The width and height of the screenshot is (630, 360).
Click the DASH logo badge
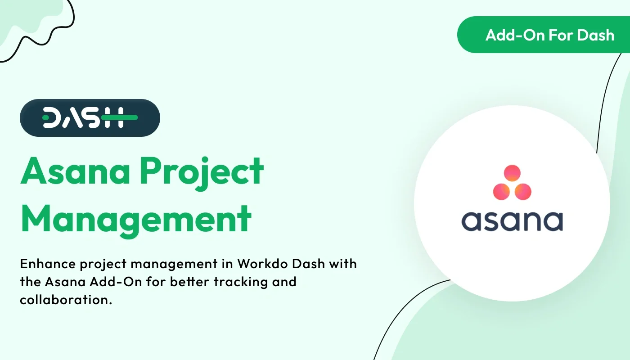pos(90,118)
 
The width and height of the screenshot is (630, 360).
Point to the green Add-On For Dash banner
pos(544,35)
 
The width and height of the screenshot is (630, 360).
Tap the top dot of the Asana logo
pos(512,173)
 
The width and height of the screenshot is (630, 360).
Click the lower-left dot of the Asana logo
pos(501,191)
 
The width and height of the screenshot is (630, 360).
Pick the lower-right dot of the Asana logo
pos(523,191)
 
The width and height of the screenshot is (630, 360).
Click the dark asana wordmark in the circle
pos(512,220)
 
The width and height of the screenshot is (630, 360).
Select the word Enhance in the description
pos(48,264)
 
